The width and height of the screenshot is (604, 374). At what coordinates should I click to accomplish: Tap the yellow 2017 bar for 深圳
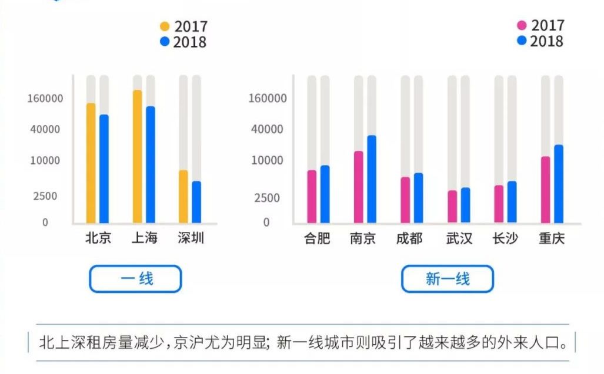(183, 197)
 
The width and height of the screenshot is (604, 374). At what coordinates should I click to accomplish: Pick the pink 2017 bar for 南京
(358, 187)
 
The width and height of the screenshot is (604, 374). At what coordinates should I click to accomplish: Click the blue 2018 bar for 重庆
(559, 184)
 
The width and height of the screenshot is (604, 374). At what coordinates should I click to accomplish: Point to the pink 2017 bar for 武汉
(452, 207)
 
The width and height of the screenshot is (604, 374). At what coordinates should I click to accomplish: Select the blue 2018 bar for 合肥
(325, 194)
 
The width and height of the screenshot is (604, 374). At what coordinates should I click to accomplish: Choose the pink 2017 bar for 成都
(405, 200)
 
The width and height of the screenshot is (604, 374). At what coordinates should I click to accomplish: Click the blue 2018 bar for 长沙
(512, 202)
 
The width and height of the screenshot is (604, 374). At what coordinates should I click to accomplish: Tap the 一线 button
(135, 279)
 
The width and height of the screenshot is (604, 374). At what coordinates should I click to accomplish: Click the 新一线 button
(447, 279)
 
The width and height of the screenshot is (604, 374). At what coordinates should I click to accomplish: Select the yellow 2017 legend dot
(165, 26)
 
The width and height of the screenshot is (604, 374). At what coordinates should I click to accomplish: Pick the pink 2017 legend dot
(522, 25)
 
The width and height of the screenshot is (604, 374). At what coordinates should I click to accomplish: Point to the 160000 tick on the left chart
(45, 98)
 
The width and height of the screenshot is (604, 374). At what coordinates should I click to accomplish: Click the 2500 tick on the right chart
(267, 198)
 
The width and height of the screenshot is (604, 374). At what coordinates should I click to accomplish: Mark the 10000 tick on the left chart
(45, 160)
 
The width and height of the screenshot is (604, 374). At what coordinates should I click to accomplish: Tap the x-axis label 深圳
(191, 238)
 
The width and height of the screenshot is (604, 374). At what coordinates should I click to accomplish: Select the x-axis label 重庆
(552, 239)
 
